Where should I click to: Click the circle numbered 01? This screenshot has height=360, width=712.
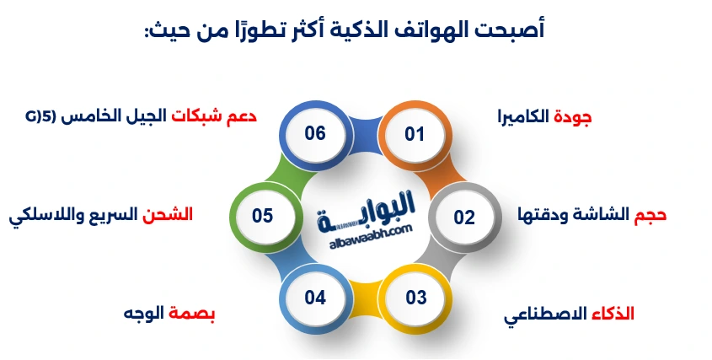pos(414,133)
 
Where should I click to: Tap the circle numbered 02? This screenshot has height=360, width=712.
pos(464,217)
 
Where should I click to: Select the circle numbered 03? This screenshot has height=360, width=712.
pos(416,298)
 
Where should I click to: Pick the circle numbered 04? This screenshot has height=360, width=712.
pos(315,298)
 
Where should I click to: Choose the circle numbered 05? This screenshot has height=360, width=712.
pos(263,217)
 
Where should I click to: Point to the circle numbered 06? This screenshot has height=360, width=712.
pos(315,133)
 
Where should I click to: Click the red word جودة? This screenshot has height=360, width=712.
pos(573,117)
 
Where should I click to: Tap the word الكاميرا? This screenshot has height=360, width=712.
pos(523,117)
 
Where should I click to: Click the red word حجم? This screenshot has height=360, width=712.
pos(650,215)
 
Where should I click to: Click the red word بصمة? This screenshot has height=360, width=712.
pos(195,314)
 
